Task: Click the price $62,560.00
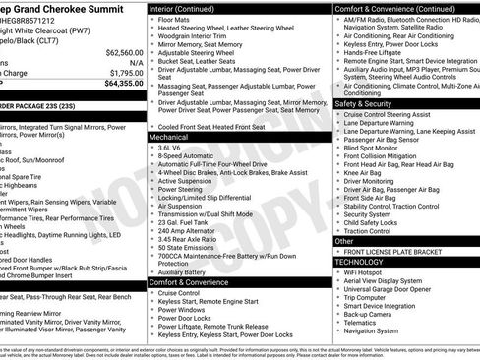click(118, 52)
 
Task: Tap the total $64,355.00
click(118, 83)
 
